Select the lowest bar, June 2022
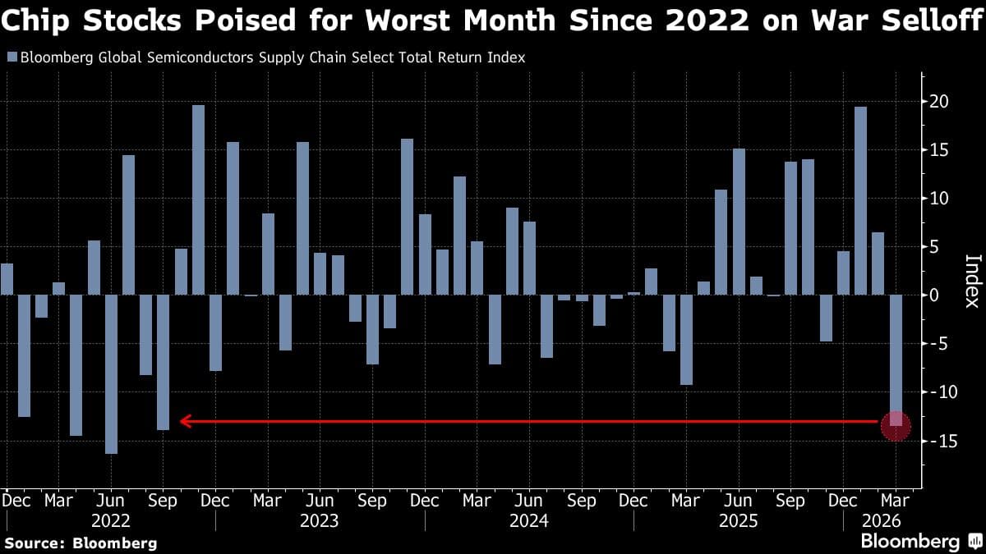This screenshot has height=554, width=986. pyautogui.click(x=111, y=373)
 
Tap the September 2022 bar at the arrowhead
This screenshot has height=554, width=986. pyautogui.click(x=163, y=361)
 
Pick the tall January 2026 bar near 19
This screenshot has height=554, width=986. pyautogui.click(x=860, y=200)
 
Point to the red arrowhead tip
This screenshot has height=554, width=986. pyautogui.click(x=182, y=422)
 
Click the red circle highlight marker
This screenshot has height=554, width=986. pyautogui.click(x=896, y=425)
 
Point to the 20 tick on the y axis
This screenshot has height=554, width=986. pyautogui.click(x=939, y=102)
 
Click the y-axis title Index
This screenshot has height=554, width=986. pyautogui.click(x=971, y=280)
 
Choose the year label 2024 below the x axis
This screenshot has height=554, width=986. pyautogui.click(x=530, y=520)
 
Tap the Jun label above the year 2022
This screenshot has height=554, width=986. pyautogui.click(x=111, y=499)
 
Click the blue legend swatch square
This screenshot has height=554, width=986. pyautogui.click(x=11, y=57)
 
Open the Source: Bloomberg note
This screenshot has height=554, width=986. pyautogui.click(x=81, y=543)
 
